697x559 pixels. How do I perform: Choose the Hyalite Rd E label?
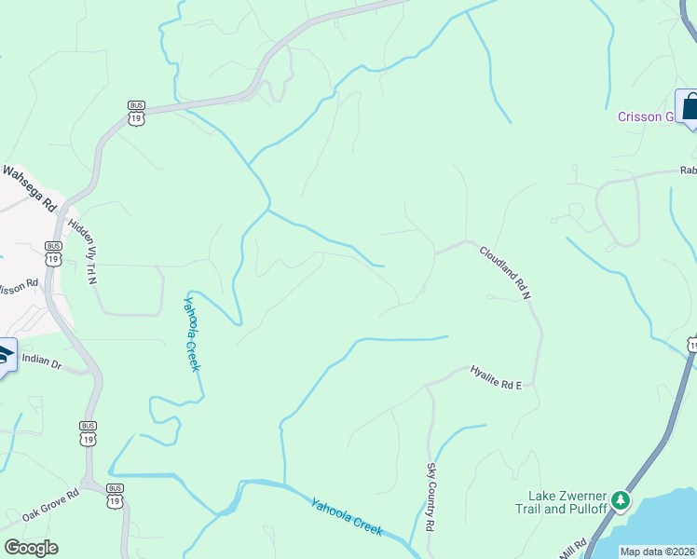tap(496, 376)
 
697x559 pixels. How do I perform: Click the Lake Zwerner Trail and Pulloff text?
tap(568, 502)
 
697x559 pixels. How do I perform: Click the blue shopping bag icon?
tap(690, 106)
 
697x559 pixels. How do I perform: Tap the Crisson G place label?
tap(645, 116)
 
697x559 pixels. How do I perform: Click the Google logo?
tap(31, 548)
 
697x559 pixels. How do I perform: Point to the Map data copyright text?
tap(658, 552)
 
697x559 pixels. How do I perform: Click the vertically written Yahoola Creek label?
tap(191, 333)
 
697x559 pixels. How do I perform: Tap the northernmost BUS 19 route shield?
tap(137, 113)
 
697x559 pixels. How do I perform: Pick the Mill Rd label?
tap(573, 545)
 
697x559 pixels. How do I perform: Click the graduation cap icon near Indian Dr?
tap(4, 355)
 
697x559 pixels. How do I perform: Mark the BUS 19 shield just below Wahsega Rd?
tap(52, 252)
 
